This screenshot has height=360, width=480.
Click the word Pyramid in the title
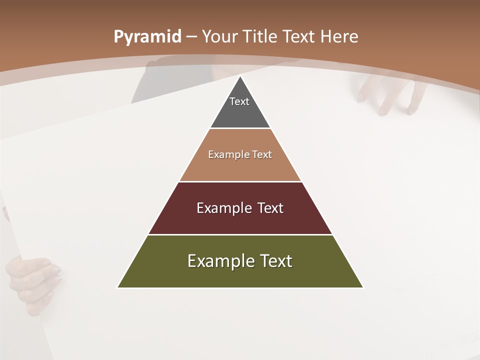(147, 37)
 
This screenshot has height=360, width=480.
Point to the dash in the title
(191, 37)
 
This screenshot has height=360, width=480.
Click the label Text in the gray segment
(239, 101)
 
